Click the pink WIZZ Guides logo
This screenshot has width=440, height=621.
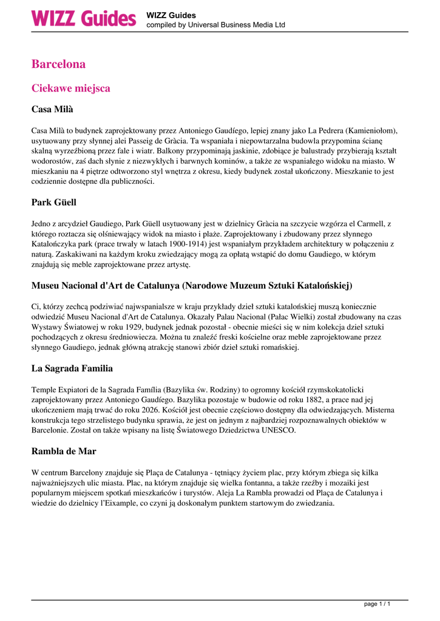tap(84, 18)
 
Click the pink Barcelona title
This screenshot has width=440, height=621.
tap(58, 64)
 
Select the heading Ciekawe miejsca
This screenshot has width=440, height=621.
tap(70, 88)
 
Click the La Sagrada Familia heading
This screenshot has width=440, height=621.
tap(72, 368)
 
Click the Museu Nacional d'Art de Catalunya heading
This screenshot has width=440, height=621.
tap(192, 285)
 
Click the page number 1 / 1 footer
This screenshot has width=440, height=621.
tap(377, 604)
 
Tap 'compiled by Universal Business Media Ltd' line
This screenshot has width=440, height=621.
tap(215, 25)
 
